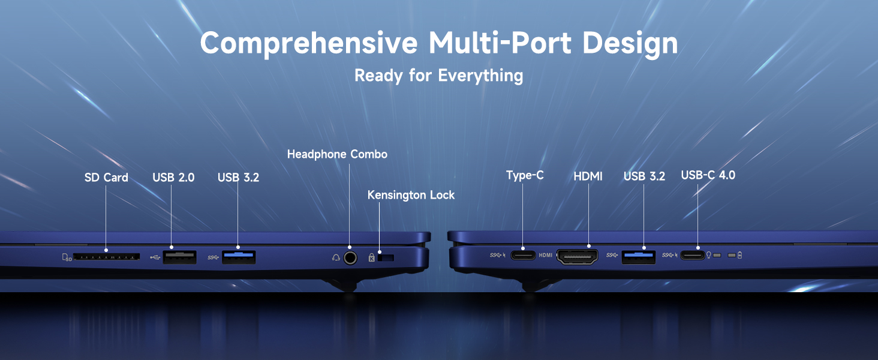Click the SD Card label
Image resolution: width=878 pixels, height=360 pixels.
tap(106, 178)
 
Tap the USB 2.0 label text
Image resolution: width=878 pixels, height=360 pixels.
tap(173, 178)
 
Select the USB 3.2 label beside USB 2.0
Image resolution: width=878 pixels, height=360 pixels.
tap(238, 178)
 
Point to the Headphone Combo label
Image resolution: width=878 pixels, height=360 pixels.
tap(337, 154)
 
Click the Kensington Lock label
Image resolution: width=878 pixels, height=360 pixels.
tap(411, 195)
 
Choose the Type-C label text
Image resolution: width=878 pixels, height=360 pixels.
tap(525, 175)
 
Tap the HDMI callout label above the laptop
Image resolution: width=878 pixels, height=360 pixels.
tap(588, 176)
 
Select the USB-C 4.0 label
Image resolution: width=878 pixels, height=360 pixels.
tap(708, 175)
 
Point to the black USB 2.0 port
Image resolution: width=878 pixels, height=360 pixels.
tap(179, 257)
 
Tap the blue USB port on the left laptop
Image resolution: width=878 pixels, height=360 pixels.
tap(239, 257)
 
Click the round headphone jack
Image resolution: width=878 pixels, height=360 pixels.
tap(349, 257)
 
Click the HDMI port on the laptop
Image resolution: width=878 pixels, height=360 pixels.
tap(578, 257)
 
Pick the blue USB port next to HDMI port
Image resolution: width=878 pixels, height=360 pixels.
tap(639, 257)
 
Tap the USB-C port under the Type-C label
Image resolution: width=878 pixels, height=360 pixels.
tap(522, 256)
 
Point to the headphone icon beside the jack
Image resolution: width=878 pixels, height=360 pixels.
tap(336, 258)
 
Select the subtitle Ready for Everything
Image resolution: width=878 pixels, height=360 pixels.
tap(438, 76)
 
